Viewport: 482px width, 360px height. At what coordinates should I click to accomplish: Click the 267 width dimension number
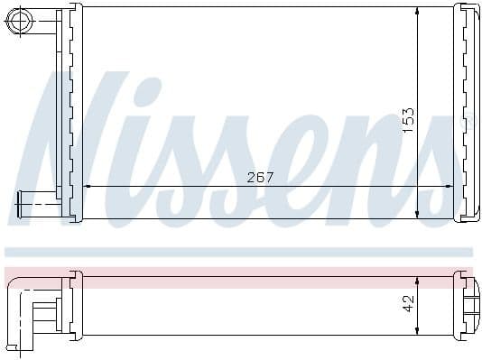pyautogui.click(x=260, y=178)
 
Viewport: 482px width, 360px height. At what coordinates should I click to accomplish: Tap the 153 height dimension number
pyautogui.click(x=408, y=117)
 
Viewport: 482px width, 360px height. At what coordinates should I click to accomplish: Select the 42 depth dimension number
pyautogui.click(x=408, y=303)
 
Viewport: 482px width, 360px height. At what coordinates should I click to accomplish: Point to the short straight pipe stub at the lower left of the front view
pyautogui.click(x=32, y=204)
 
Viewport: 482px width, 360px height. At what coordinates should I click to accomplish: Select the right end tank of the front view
pyautogui.click(x=468, y=113)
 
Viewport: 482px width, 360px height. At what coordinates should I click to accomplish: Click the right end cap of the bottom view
pyautogui.click(x=466, y=303)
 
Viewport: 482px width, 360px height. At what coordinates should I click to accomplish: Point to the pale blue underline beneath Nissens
pyautogui.click(x=238, y=252)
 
